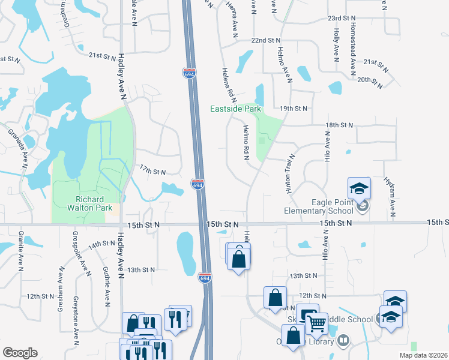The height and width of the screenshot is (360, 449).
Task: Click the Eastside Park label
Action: (x=235, y=109)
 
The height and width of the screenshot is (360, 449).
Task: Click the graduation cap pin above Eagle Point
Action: (x=359, y=188)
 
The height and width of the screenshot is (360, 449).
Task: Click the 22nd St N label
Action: (x=266, y=40)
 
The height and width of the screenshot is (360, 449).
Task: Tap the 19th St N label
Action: (x=294, y=108)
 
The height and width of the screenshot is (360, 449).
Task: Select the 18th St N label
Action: (x=337, y=124)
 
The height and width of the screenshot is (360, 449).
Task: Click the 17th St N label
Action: (x=152, y=172)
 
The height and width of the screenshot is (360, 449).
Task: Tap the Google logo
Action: (x=20, y=353)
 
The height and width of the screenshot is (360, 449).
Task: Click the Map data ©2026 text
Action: (x=423, y=355)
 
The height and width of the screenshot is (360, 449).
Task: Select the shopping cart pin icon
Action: (x=316, y=323)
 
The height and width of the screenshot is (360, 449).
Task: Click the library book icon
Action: (x=343, y=341)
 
